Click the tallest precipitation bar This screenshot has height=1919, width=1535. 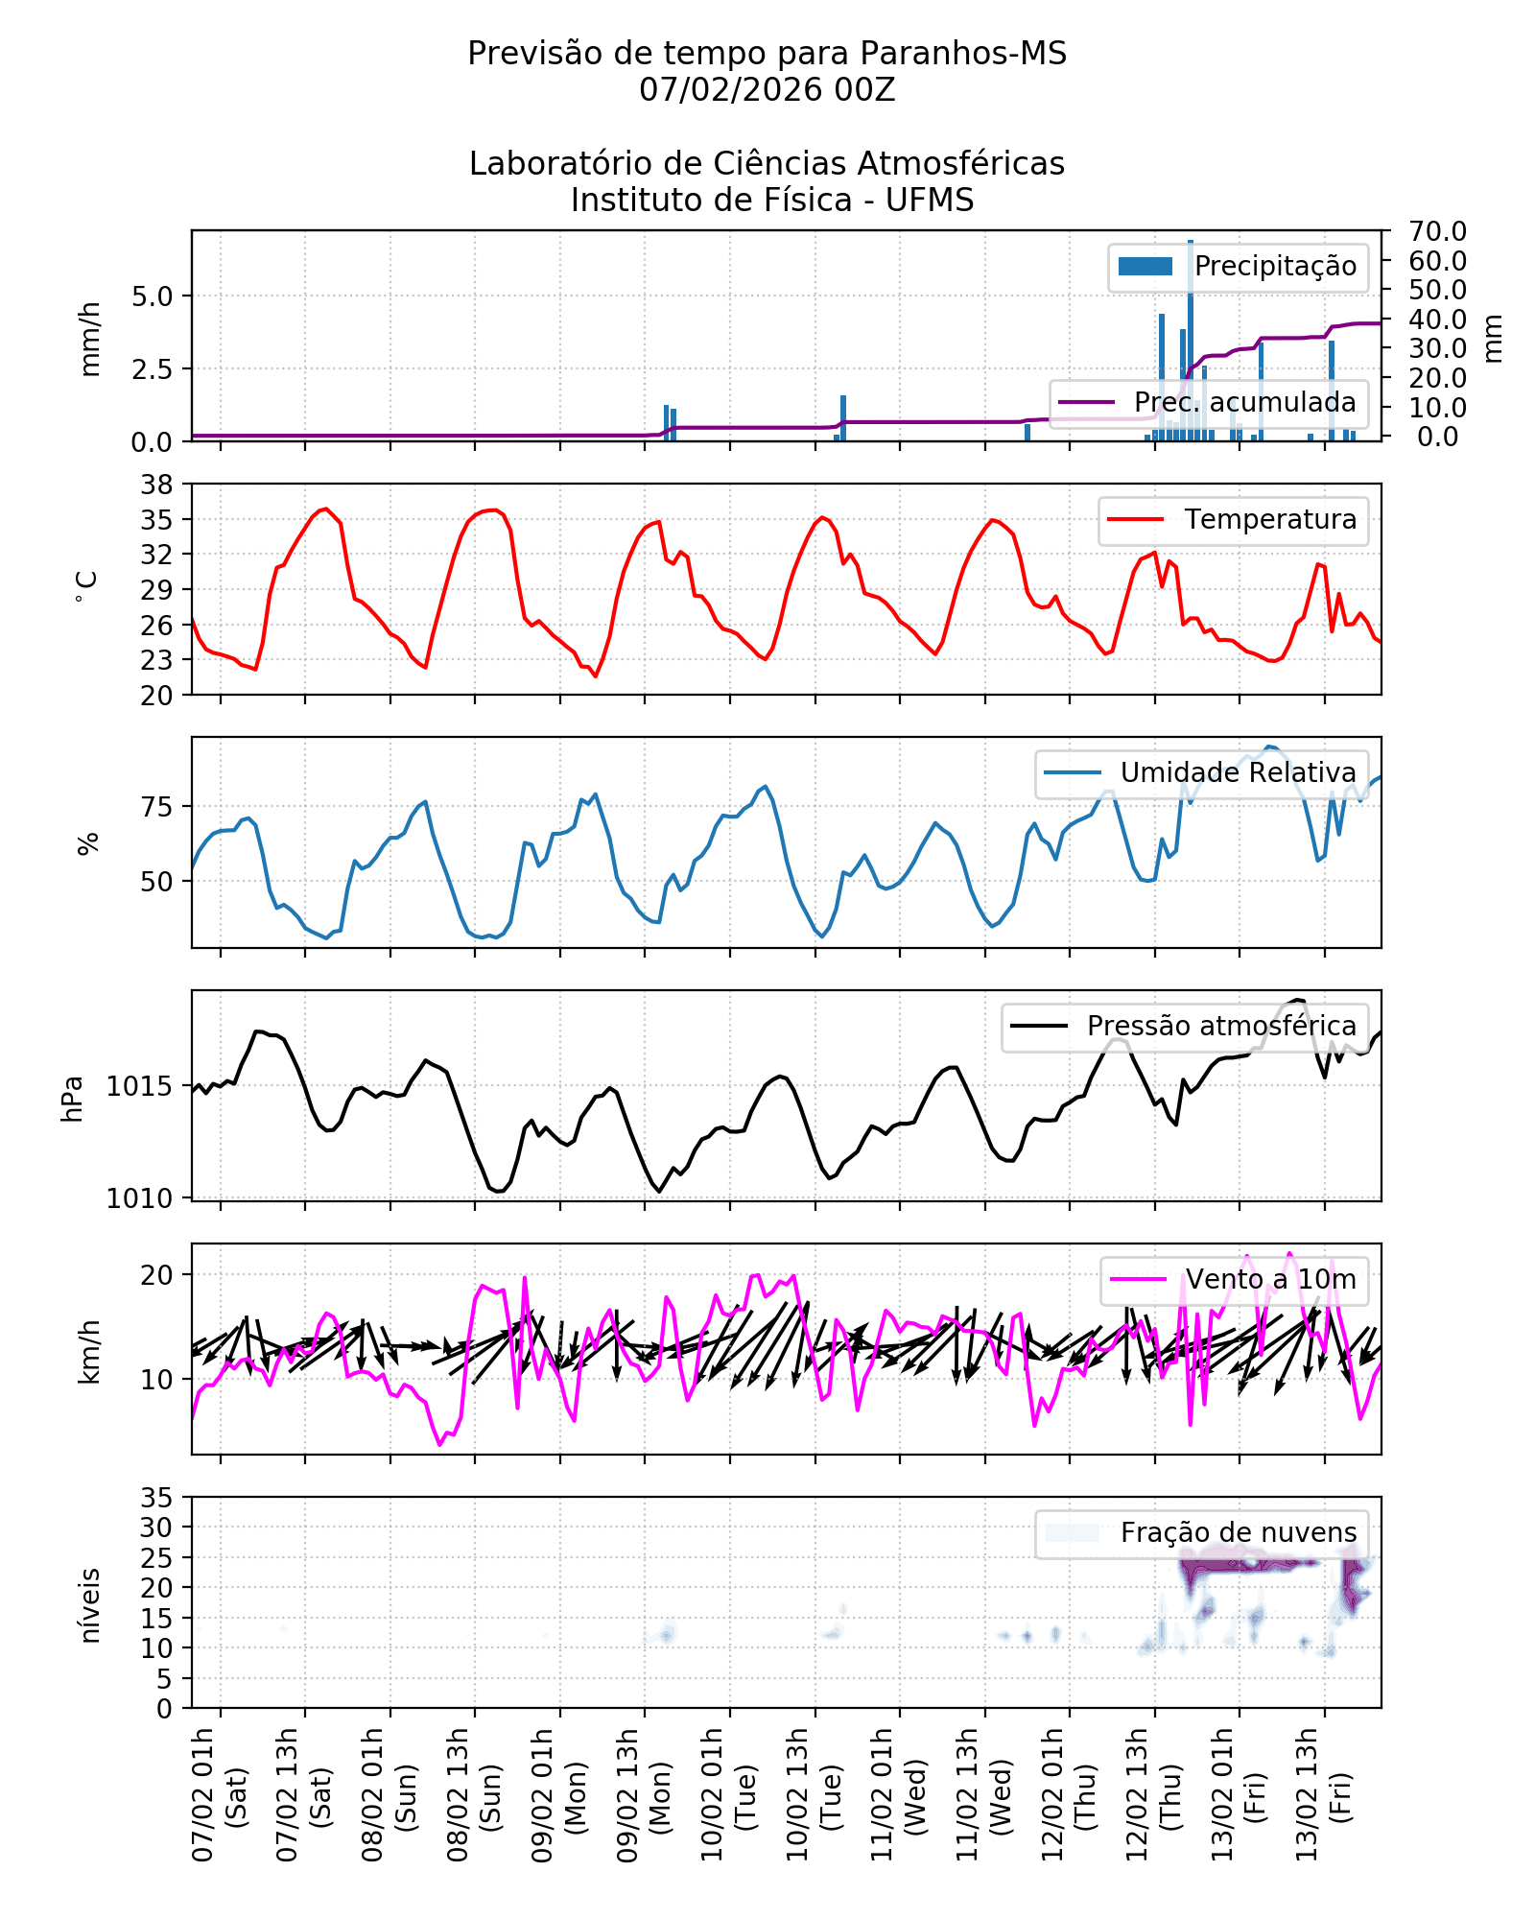pos(1191,341)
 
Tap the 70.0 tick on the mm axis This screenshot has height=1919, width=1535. pos(1436,231)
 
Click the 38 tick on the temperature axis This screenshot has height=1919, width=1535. pos(156,485)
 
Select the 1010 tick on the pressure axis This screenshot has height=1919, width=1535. pos(140,1198)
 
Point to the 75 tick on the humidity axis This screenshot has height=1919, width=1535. pos(156,808)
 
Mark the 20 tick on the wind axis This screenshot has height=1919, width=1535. pos(156,1275)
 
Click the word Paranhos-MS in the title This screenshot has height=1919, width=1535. pos(962,54)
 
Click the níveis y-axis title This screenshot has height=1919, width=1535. pos(89,1606)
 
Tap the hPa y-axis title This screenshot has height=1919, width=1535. pos(72,1099)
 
